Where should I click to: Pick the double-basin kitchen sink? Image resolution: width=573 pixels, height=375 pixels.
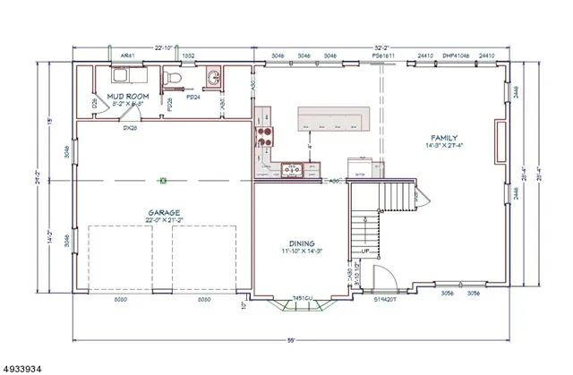289,167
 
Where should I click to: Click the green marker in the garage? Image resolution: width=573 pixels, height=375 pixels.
163,181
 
